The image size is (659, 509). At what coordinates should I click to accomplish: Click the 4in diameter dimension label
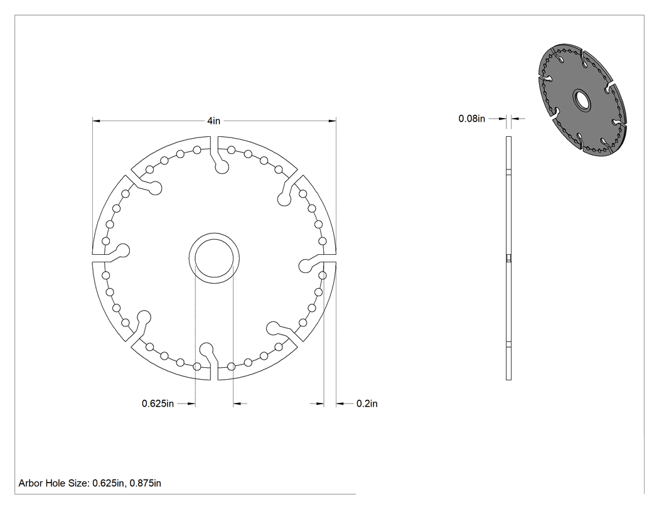pyautogui.click(x=213, y=121)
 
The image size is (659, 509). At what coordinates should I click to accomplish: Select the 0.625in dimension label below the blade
pyautogui.click(x=158, y=404)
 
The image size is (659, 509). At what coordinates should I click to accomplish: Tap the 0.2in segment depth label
pyautogui.click(x=367, y=404)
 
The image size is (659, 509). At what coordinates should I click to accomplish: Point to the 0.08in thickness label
pyautogui.click(x=471, y=119)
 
